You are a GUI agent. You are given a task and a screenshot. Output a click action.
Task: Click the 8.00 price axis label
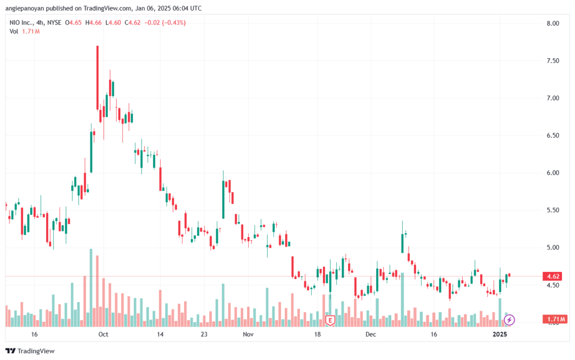click(x=553, y=24)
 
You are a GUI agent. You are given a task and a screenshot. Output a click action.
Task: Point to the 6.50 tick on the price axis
click(x=553, y=136)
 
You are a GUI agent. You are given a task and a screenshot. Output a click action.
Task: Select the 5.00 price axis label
click(x=553, y=248)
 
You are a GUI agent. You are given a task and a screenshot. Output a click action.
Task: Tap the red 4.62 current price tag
click(x=553, y=276)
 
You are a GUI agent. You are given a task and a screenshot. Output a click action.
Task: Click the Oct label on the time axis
click(x=103, y=334)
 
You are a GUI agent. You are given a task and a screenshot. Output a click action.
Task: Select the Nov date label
click(x=248, y=334)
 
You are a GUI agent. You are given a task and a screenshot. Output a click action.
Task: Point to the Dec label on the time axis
click(x=371, y=334)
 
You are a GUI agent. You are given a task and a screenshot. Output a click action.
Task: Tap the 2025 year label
click(x=500, y=334)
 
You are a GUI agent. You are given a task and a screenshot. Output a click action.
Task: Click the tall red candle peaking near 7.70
click(x=98, y=78)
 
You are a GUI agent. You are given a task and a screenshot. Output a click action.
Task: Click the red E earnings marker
click(x=330, y=321)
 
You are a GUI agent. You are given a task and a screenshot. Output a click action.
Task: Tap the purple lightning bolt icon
click(x=509, y=320)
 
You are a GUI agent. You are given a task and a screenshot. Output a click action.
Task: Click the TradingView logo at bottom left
click(x=30, y=351)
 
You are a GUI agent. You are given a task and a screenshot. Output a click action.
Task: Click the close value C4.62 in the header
click(x=133, y=22)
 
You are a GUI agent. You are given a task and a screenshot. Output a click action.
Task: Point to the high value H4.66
click(x=94, y=22)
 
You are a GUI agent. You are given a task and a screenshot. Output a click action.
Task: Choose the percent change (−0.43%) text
click(x=174, y=22)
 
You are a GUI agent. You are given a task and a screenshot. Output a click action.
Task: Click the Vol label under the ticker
click(x=14, y=31)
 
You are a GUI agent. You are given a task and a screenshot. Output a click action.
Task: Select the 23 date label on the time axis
click(x=204, y=334)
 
